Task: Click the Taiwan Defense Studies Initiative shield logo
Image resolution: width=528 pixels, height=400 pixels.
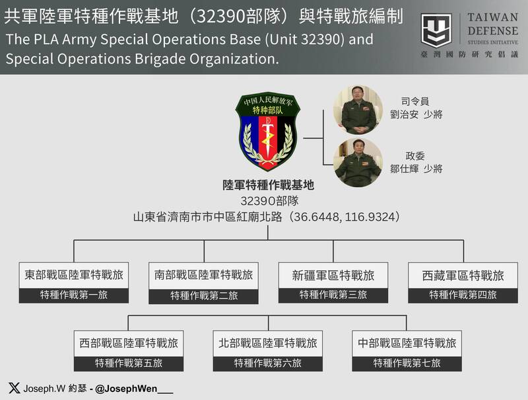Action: (x=436, y=31)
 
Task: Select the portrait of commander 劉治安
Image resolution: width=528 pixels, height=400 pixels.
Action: (x=358, y=110)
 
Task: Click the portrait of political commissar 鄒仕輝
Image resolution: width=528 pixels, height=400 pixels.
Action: (x=358, y=163)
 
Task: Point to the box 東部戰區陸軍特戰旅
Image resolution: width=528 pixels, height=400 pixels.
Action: (x=74, y=275)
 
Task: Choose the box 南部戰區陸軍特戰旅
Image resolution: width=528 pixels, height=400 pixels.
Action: (x=204, y=275)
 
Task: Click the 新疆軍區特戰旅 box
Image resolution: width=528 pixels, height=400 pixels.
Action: (x=333, y=275)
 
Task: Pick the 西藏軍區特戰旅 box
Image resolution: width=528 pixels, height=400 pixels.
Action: (x=463, y=275)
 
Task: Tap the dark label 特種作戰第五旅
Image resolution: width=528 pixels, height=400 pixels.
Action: (x=129, y=363)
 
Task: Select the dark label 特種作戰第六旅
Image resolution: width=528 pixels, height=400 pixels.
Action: (x=268, y=363)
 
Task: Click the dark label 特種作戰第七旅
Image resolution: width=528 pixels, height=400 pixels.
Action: (x=407, y=363)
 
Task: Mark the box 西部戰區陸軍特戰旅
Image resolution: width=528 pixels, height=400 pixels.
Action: (x=129, y=343)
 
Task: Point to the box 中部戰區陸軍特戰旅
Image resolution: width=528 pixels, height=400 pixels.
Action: (x=407, y=343)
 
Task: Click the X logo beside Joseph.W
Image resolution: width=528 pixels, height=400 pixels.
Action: (x=14, y=388)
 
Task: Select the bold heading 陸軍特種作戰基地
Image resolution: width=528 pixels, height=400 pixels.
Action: (x=268, y=186)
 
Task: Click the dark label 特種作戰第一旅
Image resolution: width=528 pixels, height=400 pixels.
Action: (x=74, y=295)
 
